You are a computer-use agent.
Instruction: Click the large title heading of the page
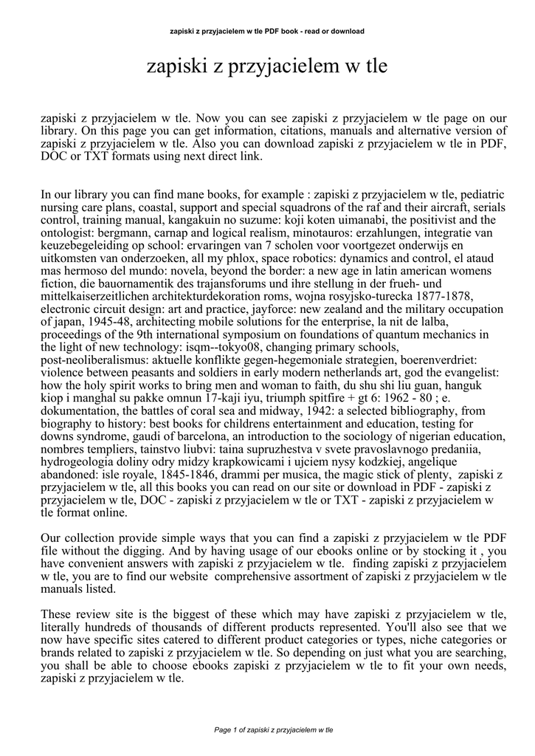tap(267, 68)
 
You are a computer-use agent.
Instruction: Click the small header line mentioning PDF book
tap(267, 32)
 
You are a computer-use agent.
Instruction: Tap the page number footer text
tap(274, 729)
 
